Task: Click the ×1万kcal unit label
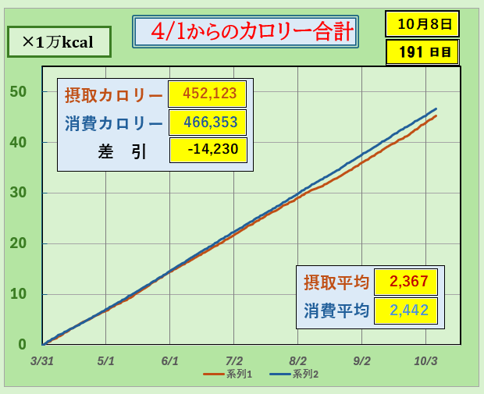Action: pos(59,42)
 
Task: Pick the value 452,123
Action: pos(208,94)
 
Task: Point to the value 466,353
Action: pos(208,122)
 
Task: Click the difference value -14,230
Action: pos(208,150)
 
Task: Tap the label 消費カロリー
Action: pos(114,123)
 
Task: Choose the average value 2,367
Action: pos(406,282)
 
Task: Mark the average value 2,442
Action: pos(406,311)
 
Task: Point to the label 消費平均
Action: pos(336,311)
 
